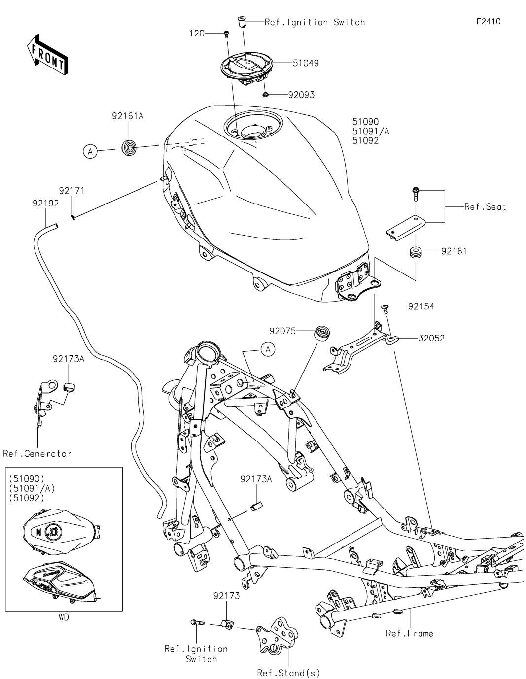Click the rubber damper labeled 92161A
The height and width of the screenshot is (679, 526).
click(x=130, y=147)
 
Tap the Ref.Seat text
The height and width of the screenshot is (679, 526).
click(x=485, y=207)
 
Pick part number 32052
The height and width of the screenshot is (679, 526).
click(x=431, y=339)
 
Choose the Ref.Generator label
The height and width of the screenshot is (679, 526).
click(x=37, y=454)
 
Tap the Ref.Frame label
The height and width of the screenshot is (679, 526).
click(x=409, y=633)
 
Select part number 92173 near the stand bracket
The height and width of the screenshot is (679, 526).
click(x=226, y=596)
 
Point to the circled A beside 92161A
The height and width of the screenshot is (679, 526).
click(x=90, y=152)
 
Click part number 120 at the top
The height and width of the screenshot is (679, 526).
click(x=197, y=33)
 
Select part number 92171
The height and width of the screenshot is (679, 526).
click(x=72, y=190)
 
